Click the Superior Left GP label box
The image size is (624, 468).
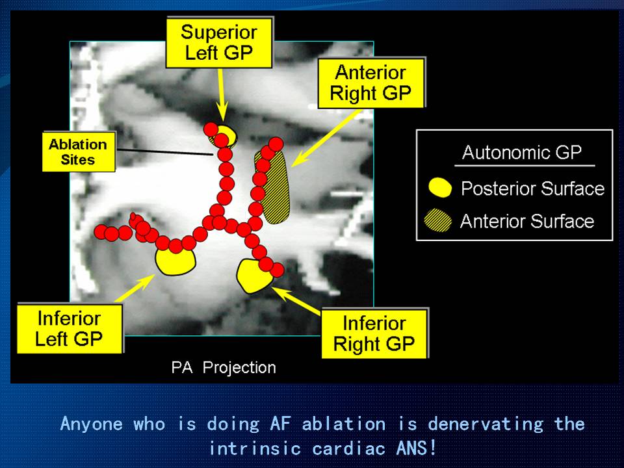click(x=219, y=43)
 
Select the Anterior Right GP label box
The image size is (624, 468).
click(x=371, y=83)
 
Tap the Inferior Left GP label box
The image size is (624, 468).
click(x=70, y=328)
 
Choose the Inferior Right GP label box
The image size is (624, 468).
click(x=374, y=333)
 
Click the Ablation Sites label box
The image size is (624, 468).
click(x=79, y=151)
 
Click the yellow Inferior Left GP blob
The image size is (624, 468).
click(x=175, y=260)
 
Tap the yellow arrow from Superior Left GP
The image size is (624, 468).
click(x=222, y=95)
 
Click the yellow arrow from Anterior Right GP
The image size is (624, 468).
click(x=326, y=137)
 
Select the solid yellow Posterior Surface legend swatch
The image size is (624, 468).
click(x=440, y=187)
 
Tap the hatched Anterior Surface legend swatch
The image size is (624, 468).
click(x=437, y=220)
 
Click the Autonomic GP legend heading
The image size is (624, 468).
click(x=522, y=152)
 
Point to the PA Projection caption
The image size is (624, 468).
click(x=223, y=367)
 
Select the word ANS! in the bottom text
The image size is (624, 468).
click(x=416, y=448)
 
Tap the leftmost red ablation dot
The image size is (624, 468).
click(x=101, y=231)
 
